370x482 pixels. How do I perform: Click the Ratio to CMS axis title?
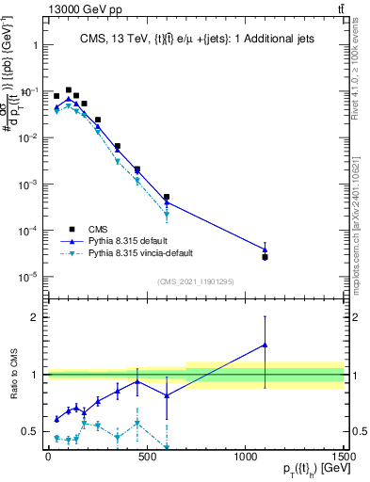tap(12, 374)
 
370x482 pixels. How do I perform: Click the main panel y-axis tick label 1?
tap(33, 45)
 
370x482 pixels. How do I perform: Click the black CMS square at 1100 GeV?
tap(265, 257)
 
